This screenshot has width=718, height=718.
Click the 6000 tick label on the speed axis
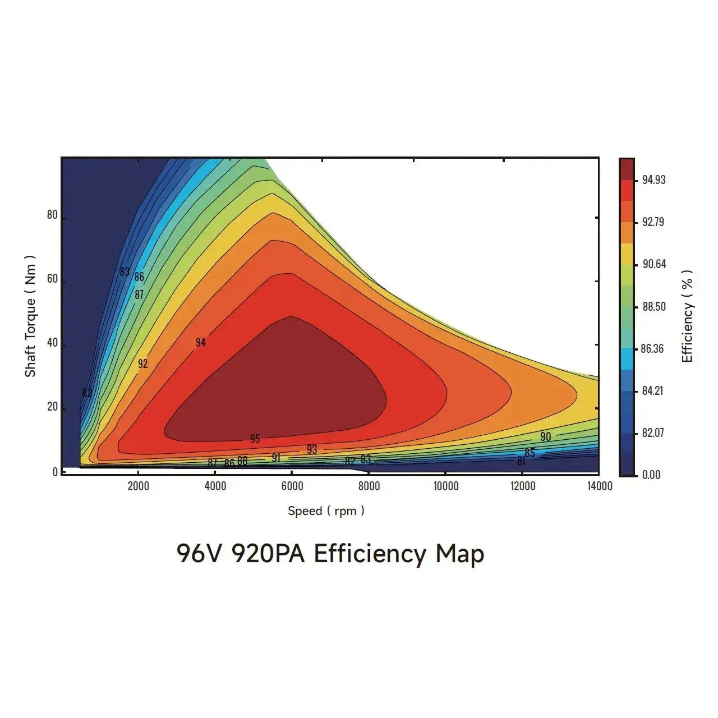click(x=292, y=486)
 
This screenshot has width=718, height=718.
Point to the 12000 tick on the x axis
click(x=522, y=486)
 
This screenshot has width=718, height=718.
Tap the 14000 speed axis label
click(x=599, y=486)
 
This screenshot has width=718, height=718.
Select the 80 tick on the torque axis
click(x=52, y=215)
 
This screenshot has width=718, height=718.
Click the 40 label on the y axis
click(x=52, y=343)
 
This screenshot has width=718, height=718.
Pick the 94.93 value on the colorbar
click(x=653, y=180)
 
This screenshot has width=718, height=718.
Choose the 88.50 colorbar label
click(x=653, y=306)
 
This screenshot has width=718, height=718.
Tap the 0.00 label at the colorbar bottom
click(x=651, y=475)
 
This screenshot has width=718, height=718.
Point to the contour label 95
click(x=255, y=439)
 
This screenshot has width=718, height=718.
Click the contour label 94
click(x=200, y=342)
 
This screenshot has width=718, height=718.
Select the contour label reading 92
click(x=142, y=363)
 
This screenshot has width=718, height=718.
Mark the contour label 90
click(x=545, y=436)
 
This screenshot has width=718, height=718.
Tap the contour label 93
click(x=312, y=449)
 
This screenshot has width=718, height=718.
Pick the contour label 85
click(x=530, y=453)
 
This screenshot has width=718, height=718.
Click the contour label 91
click(x=276, y=458)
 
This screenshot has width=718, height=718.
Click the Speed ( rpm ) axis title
click(x=326, y=510)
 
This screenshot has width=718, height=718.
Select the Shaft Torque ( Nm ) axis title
click(x=30, y=316)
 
